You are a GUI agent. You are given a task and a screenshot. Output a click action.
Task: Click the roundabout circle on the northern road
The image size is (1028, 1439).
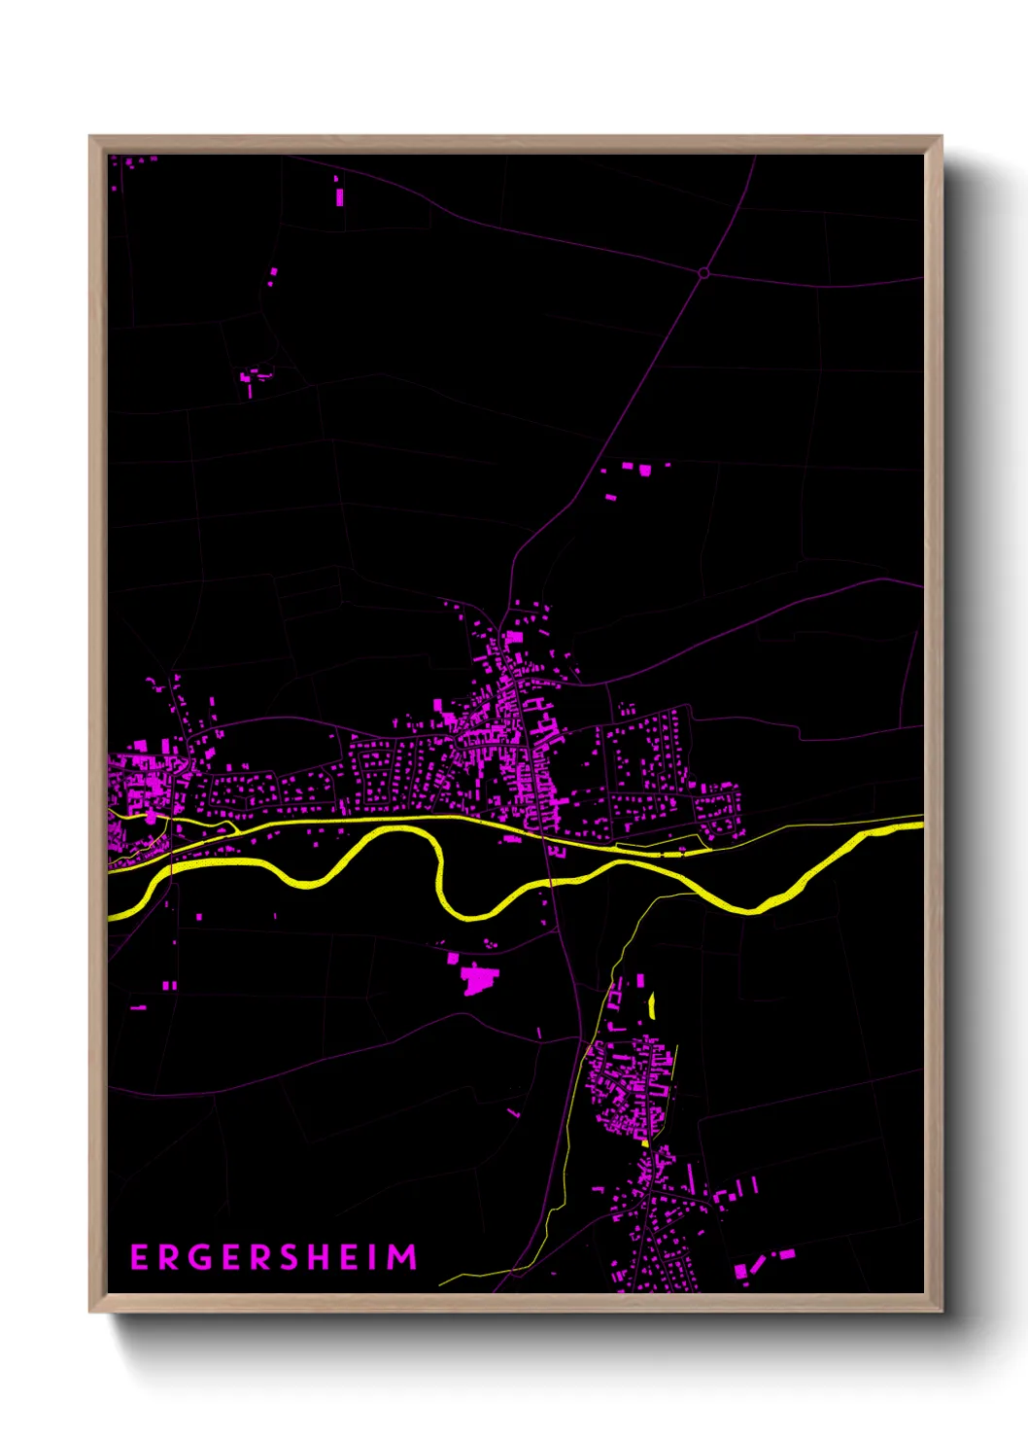tap(703, 273)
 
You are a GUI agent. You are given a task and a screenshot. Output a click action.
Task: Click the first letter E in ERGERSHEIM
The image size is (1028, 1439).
tap(139, 1257)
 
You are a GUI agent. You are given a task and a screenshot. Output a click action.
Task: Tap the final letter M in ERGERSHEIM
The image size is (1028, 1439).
tap(404, 1257)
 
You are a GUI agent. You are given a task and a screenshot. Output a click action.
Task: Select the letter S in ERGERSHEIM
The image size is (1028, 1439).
tap(290, 1257)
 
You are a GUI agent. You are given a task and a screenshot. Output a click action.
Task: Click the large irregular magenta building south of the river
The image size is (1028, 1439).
tap(477, 977)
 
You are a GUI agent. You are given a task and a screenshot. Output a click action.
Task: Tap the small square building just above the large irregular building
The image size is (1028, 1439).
tap(453, 959)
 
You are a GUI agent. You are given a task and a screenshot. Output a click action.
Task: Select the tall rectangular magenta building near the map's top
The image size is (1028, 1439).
tap(339, 196)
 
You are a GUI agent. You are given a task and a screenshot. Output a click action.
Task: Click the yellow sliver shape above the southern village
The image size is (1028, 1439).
tap(652, 1005)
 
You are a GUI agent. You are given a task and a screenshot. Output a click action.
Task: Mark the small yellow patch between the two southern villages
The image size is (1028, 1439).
tap(645, 1143)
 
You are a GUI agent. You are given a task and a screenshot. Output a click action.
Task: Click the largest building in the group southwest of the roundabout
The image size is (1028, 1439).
tap(643, 470)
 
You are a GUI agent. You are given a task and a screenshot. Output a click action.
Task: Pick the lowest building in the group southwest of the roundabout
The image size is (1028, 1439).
tap(610, 497)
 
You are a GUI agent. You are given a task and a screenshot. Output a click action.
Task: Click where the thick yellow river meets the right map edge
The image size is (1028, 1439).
tap(919, 826)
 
